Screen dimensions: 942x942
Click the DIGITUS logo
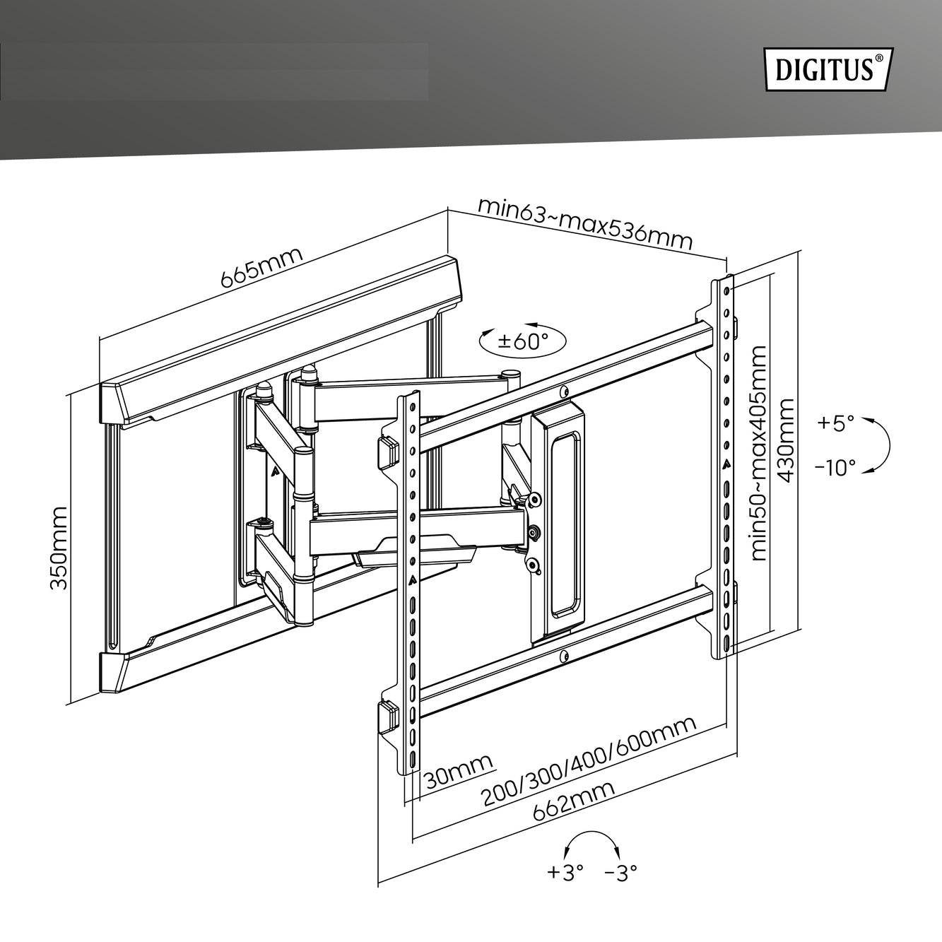pyautogui.click(x=829, y=69)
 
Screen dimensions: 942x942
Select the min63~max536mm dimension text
pyautogui.click(x=584, y=223)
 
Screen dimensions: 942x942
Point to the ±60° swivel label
pyautogui.click(x=522, y=341)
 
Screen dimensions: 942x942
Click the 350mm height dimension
pyautogui.click(x=59, y=548)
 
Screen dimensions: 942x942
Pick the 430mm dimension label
pyautogui.click(x=784, y=440)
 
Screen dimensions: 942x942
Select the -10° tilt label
pyautogui.click(x=835, y=468)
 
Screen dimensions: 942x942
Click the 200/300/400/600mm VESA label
pyautogui.click(x=589, y=768)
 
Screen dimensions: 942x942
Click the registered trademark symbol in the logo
pyautogui.click(x=879, y=58)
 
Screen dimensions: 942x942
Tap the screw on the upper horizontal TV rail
pyautogui.click(x=564, y=391)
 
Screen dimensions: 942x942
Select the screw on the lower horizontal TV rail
pyautogui.click(x=564, y=657)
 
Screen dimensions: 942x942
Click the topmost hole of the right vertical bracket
pyautogui.click(x=726, y=291)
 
